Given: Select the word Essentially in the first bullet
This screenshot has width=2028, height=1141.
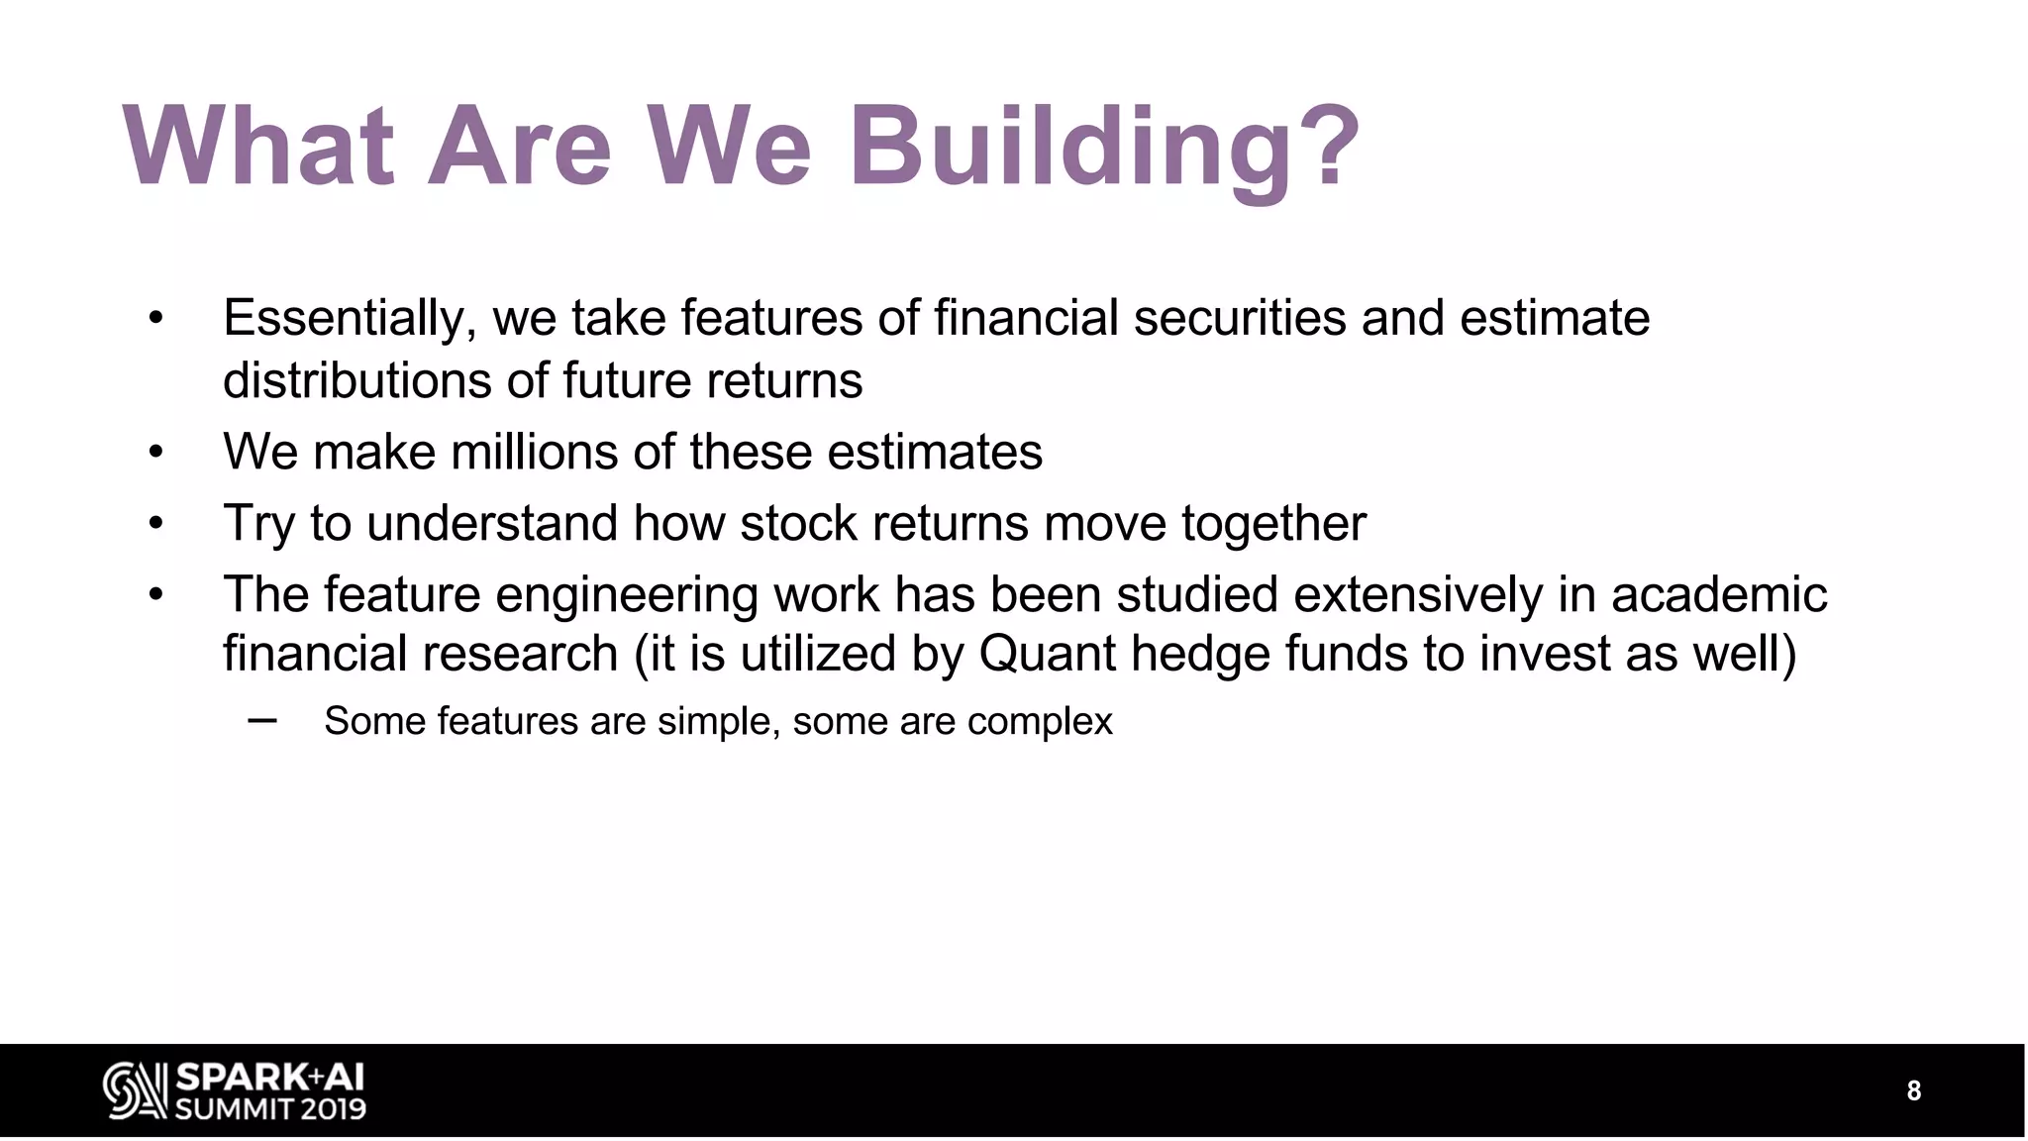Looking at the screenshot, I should [343, 319].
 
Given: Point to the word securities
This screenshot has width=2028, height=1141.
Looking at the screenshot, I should [1239, 319].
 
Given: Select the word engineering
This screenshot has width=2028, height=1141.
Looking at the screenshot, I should [626, 596].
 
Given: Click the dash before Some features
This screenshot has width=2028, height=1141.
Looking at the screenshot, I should [262, 720].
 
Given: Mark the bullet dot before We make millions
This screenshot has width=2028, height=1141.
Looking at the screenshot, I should [155, 453].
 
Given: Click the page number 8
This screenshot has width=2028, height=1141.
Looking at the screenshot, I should [1913, 1091].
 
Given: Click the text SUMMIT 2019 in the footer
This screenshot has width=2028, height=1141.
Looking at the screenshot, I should [270, 1108].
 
